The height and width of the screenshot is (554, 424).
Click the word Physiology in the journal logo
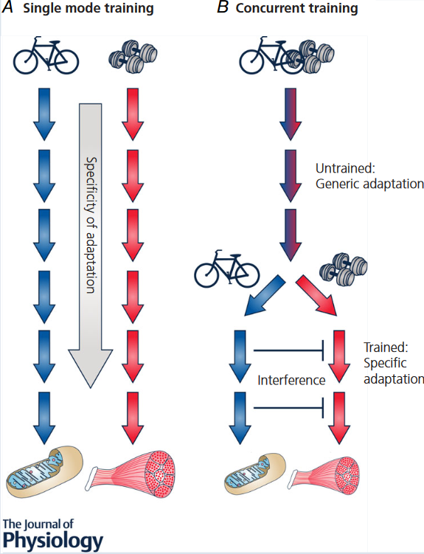point(53,540)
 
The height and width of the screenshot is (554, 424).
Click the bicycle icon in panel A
point(46,55)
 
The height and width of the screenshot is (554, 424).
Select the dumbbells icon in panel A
point(133,56)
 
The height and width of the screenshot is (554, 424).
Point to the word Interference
point(291,380)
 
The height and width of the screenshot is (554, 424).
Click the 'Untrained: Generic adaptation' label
point(369,176)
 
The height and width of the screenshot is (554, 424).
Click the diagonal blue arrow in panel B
point(264,296)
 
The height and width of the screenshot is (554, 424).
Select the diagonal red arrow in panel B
point(316,296)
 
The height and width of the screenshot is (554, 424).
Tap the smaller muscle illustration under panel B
point(324,474)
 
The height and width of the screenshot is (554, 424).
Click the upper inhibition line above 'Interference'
point(289,350)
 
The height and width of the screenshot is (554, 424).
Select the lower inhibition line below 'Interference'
point(289,408)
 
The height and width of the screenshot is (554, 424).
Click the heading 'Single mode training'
point(88,8)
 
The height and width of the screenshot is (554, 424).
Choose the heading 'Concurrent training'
point(296,8)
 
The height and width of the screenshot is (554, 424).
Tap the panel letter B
point(223,7)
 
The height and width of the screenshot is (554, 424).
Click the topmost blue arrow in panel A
point(44,114)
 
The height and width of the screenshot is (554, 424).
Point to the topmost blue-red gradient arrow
point(291,114)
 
